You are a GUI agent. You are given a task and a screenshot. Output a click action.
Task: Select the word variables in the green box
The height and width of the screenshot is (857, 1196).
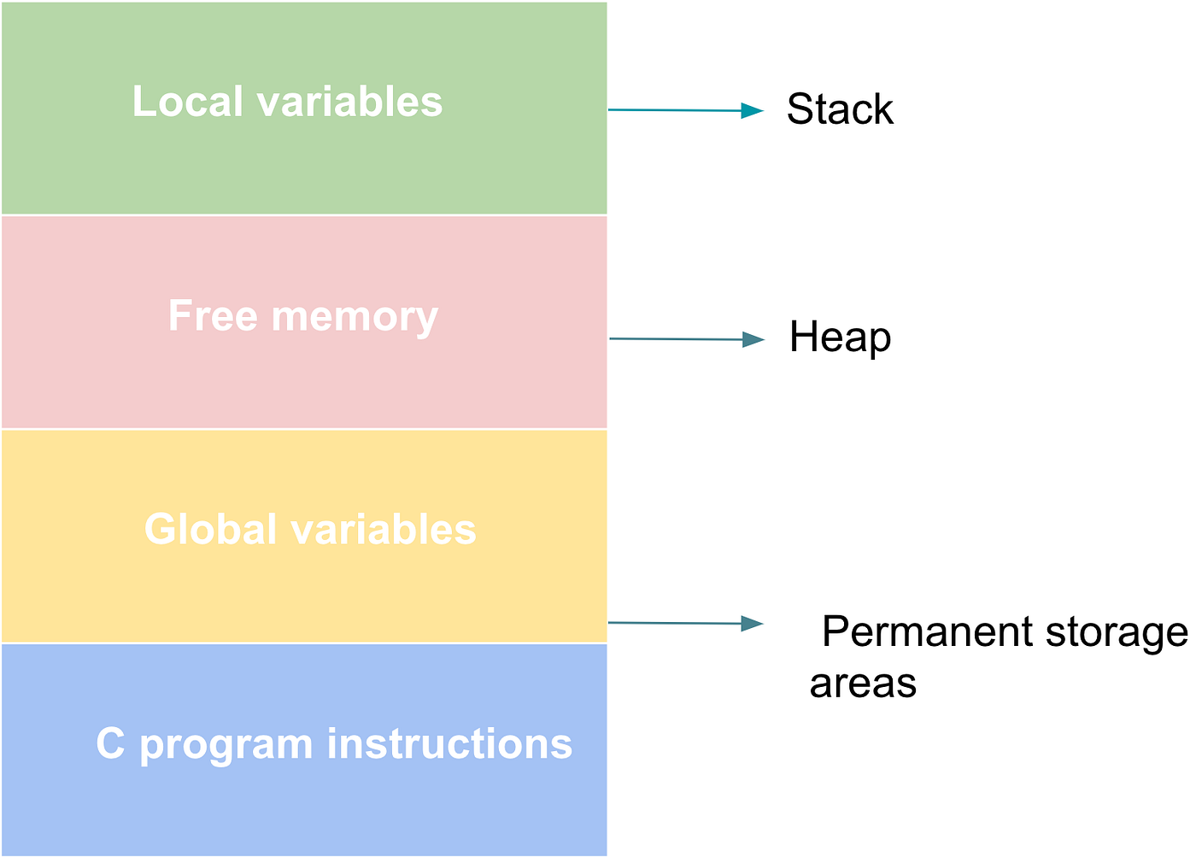(349, 102)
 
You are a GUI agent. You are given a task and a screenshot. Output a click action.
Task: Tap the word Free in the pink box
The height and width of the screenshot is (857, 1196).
(213, 316)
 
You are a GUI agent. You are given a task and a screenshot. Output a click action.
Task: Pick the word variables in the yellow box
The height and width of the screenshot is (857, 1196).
(384, 530)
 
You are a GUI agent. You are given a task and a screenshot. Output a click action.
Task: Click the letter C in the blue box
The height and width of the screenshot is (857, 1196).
(110, 744)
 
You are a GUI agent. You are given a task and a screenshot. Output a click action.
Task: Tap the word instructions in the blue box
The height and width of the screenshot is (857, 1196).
(449, 744)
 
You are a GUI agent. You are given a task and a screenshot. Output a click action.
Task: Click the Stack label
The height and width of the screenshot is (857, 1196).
(840, 109)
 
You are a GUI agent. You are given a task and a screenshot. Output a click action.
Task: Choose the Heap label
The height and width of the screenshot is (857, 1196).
(840, 338)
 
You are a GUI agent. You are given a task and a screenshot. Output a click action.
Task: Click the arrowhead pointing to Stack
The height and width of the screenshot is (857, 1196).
(753, 110)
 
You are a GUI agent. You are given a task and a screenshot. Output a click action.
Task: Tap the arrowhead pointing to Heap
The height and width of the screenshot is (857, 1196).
(753, 340)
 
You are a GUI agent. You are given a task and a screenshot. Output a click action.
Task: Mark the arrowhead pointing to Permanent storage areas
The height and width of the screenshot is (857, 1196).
(753, 624)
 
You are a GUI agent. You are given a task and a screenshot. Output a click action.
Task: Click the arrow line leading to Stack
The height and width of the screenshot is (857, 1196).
(675, 110)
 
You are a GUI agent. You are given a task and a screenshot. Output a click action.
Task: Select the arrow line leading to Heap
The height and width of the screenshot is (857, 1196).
(675, 339)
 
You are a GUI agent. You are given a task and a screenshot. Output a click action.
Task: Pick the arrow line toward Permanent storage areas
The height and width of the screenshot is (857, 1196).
(675, 623)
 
